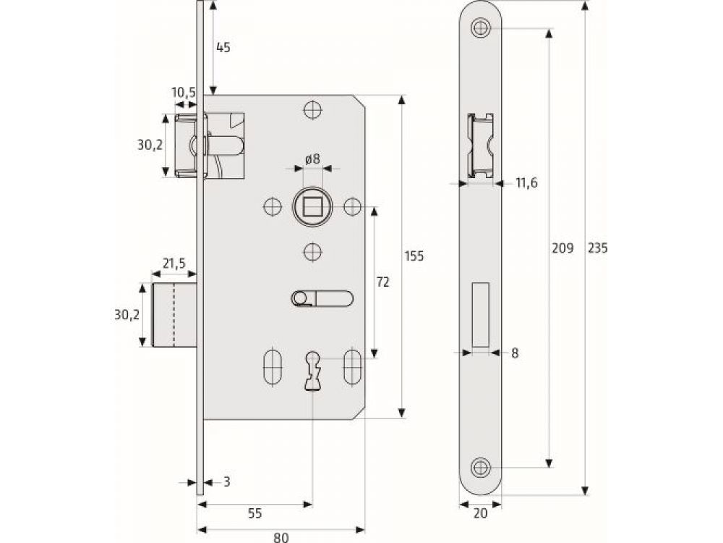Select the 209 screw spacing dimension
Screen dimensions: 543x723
pyautogui.click(x=562, y=248)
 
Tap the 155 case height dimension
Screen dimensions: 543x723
pyautogui.click(x=414, y=256)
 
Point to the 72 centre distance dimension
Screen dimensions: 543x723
pyautogui.click(x=382, y=282)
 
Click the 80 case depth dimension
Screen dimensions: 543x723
pyautogui.click(x=281, y=536)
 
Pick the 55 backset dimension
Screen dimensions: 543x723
pyautogui.click(x=254, y=513)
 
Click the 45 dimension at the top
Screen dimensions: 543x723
pyautogui.click(x=223, y=48)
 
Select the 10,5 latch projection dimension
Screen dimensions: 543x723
pyautogui.click(x=184, y=92)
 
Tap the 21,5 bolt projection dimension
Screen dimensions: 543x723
pyautogui.click(x=174, y=264)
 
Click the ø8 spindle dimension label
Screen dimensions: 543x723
pyautogui.click(x=312, y=158)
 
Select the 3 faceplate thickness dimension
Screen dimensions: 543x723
pyautogui.click(x=226, y=481)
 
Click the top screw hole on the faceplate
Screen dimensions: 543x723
pyautogui.click(x=479, y=29)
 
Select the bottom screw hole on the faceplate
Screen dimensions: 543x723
pyautogui.click(x=479, y=465)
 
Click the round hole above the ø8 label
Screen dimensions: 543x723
pyautogui.click(x=312, y=110)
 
